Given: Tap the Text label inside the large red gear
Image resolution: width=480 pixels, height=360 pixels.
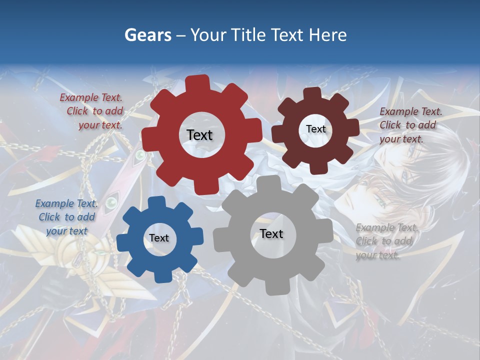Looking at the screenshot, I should click(x=199, y=135).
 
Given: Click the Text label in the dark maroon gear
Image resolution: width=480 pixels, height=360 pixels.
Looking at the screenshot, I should click(x=315, y=129).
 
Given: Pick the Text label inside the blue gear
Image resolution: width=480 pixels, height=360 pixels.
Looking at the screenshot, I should click(x=159, y=238).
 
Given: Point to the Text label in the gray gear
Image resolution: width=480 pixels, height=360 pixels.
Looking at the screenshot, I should click(x=271, y=233).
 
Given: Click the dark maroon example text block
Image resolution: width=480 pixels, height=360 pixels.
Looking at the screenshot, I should click(x=410, y=125).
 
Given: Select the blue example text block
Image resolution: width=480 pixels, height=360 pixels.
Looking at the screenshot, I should click(x=66, y=217).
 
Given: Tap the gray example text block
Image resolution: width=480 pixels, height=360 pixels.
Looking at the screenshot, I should click(x=386, y=241).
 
